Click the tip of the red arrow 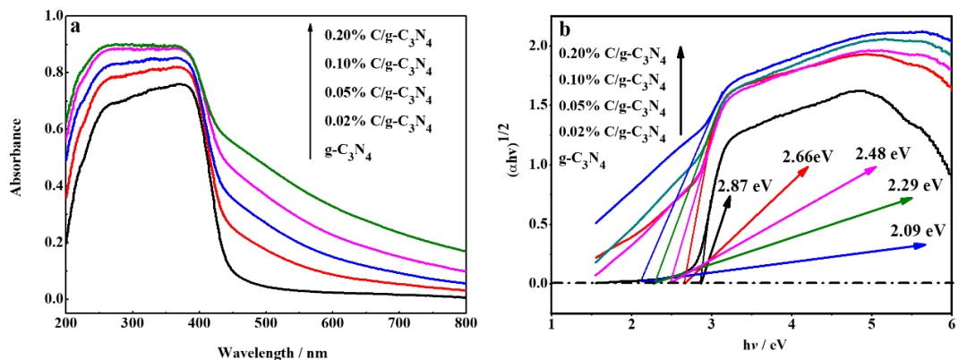[x=808, y=167]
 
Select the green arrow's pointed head [x=912, y=199]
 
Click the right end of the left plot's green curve [x=465, y=252]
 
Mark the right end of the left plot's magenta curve [x=465, y=270]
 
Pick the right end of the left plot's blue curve [x=465, y=283]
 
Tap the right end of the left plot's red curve [x=465, y=290]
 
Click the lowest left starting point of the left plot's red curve [x=66, y=197]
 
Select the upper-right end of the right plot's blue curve [x=951, y=40]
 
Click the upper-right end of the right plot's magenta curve [x=951, y=68]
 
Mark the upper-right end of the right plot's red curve [x=951, y=88]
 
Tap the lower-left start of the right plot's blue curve [x=595, y=223]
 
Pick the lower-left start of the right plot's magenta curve [x=595, y=276]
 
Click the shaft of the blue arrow [x=806, y=259]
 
